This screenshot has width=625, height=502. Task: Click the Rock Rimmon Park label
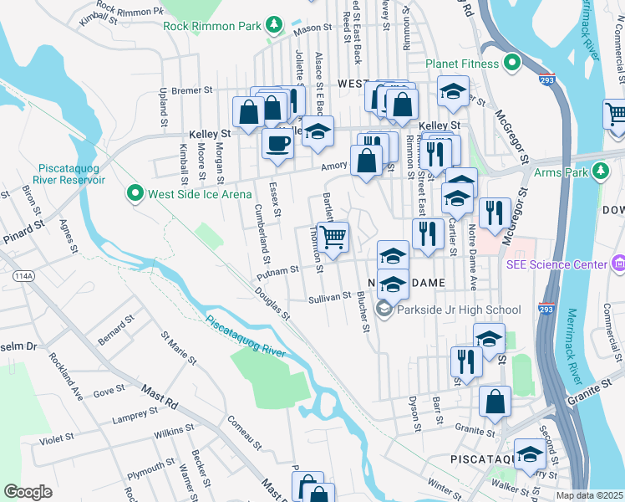(x=212, y=26)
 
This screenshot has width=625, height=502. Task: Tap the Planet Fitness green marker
(x=511, y=63)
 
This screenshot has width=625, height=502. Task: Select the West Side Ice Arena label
(x=199, y=194)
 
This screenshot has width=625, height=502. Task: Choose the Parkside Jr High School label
(x=460, y=310)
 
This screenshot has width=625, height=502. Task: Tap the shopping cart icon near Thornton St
(x=333, y=237)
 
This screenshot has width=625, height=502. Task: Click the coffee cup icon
(x=277, y=142)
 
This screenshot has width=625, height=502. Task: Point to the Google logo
(x=28, y=492)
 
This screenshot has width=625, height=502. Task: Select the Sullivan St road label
(x=329, y=297)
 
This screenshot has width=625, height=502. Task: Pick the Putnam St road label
(x=278, y=270)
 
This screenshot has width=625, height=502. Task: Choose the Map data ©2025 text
(x=590, y=495)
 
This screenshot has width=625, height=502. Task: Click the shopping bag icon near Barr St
(x=495, y=400)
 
